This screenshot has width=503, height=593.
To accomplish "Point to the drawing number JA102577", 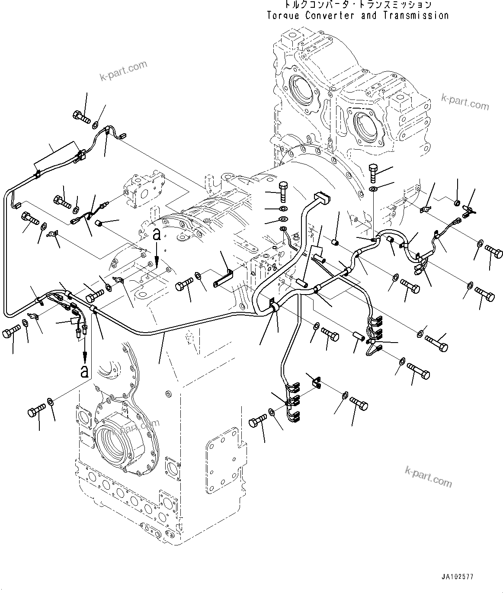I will (458, 577).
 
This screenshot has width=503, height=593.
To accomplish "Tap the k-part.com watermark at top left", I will (123, 71).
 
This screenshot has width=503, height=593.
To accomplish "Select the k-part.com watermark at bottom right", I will (429, 475).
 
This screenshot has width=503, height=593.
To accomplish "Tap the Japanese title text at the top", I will (357, 5).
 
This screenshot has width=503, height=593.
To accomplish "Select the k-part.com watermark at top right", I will (465, 102).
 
